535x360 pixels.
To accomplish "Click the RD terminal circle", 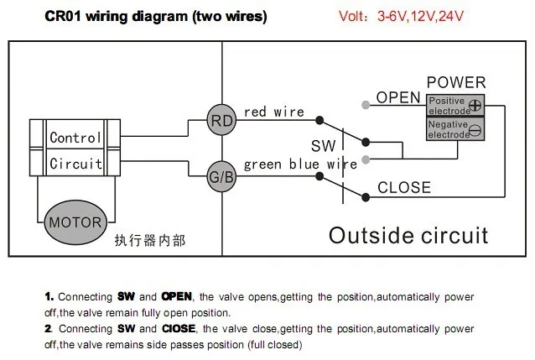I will [x=221, y=121].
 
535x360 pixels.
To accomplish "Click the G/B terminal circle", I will [x=221, y=176].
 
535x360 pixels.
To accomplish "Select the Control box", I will [x=75, y=138].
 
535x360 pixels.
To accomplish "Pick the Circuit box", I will [x=75, y=164].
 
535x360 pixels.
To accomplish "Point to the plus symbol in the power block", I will [x=475, y=106].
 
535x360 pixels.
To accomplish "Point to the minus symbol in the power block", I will [x=475, y=129].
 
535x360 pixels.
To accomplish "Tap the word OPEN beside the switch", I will [x=397, y=98].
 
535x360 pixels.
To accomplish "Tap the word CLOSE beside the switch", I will [x=403, y=188].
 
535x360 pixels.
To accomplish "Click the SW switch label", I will [x=323, y=147].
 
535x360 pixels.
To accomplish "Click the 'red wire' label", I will [x=273, y=112].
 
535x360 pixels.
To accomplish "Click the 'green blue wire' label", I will [x=300, y=164].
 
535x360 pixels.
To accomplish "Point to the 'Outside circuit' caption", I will [x=408, y=234].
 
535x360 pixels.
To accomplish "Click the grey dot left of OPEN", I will [x=364, y=105].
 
